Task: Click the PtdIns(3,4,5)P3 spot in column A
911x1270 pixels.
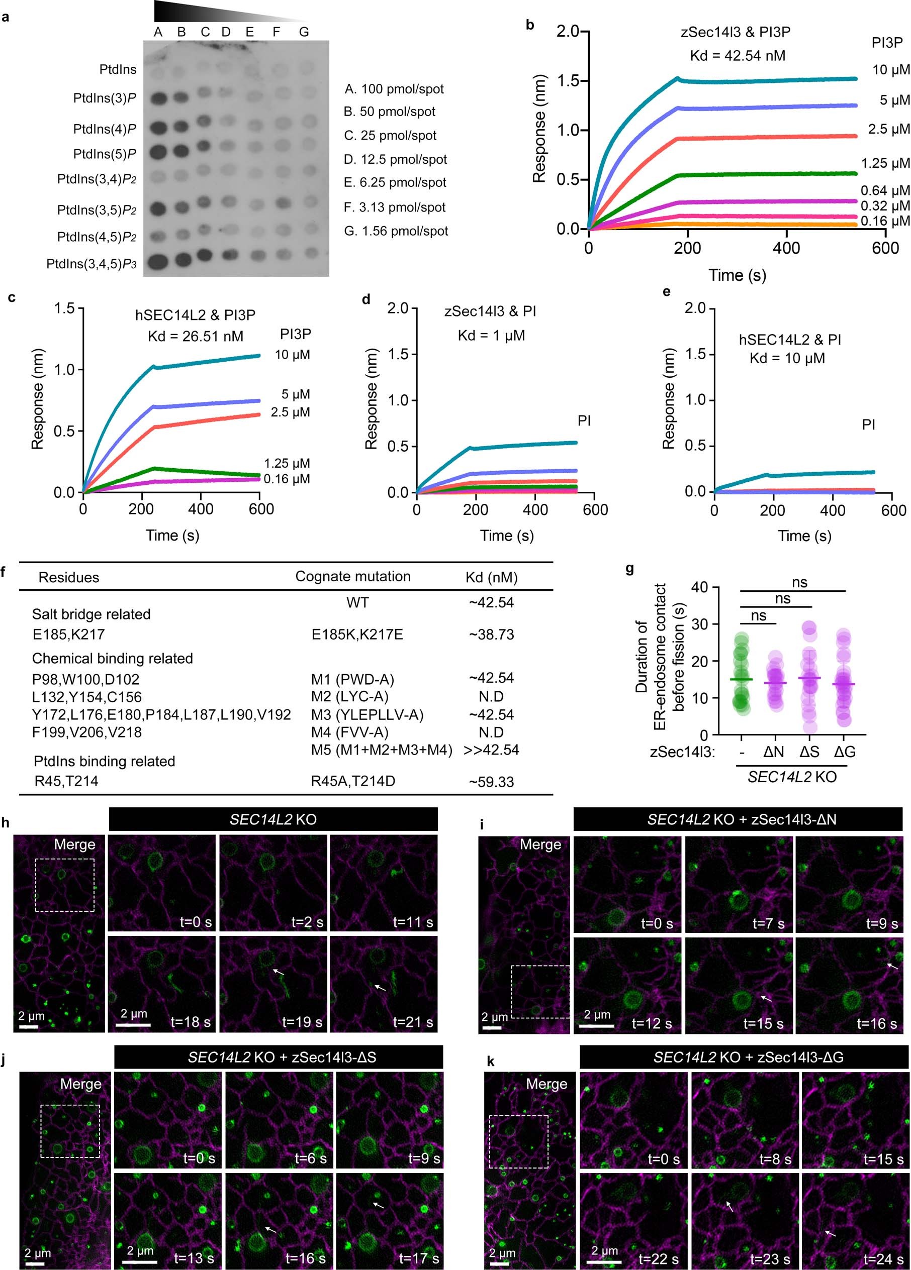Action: (158, 261)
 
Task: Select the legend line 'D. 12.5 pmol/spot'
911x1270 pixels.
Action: (395, 160)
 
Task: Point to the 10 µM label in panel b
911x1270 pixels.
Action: (891, 70)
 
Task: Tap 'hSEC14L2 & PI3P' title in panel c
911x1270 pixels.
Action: (195, 315)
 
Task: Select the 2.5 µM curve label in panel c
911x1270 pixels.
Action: (290, 412)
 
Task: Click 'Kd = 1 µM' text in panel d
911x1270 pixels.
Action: (491, 336)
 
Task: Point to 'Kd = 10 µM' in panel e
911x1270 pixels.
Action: (787, 358)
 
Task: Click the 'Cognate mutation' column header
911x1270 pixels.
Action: (352, 577)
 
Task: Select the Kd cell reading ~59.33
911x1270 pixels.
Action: (491, 782)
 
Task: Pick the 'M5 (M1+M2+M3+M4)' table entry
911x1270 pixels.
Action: (382, 750)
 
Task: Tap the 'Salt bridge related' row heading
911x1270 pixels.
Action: (91, 614)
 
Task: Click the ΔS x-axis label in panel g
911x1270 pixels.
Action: (809, 752)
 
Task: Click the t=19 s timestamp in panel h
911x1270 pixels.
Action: (302, 1022)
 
